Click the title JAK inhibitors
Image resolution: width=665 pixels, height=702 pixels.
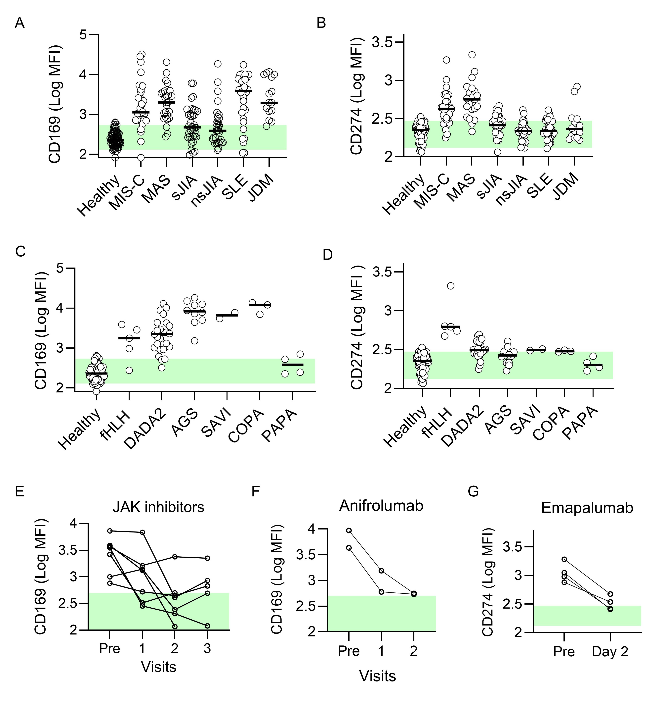(158, 507)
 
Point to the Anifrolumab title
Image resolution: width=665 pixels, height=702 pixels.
(381, 505)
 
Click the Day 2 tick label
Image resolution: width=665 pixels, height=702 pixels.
(610, 652)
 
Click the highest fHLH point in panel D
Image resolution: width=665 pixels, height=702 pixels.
(451, 286)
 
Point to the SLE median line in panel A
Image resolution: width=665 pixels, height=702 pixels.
(243, 91)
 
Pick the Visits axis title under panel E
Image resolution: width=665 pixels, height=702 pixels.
(158, 667)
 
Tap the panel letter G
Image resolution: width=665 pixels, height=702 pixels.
(473, 491)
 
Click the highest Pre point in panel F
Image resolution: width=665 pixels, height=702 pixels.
(349, 531)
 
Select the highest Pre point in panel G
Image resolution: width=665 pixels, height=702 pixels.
(564, 559)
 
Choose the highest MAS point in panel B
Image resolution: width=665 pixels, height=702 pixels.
(472, 55)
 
